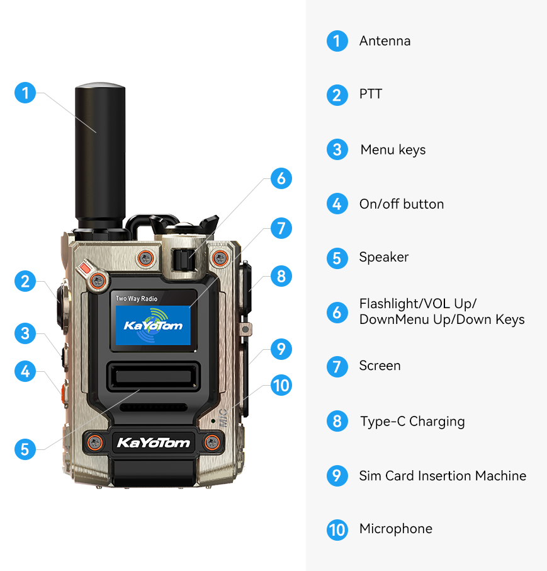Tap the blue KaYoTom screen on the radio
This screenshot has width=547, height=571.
[x=153, y=325]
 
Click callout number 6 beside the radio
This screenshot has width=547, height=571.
[x=281, y=178]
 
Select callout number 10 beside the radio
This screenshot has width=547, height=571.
[x=281, y=385]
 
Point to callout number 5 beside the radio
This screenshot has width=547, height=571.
[x=25, y=449]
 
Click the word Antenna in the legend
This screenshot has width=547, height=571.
[x=385, y=41]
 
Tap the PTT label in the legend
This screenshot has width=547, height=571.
[x=371, y=94]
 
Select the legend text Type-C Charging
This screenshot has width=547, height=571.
[x=412, y=422]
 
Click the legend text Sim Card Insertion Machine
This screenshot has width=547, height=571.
[x=443, y=476]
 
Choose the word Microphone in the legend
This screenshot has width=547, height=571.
[x=396, y=529]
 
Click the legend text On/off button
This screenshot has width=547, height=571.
[x=402, y=204]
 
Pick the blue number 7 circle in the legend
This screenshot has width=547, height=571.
[x=337, y=367]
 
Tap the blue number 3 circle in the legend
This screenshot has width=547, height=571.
[x=337, y=149]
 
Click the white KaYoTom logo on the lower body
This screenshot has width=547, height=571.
[x=154, y=443]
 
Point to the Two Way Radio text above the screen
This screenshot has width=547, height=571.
[x=137, y=299]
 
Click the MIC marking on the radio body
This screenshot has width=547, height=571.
[x=223, y=418]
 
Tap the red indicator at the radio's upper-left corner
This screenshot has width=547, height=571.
[x=85, y=268]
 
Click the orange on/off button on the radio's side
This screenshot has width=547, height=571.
[x=64, y=393]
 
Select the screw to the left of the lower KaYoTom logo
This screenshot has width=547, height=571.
[x=95, y=443]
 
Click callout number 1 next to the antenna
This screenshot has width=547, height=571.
[x=25, y=93]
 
